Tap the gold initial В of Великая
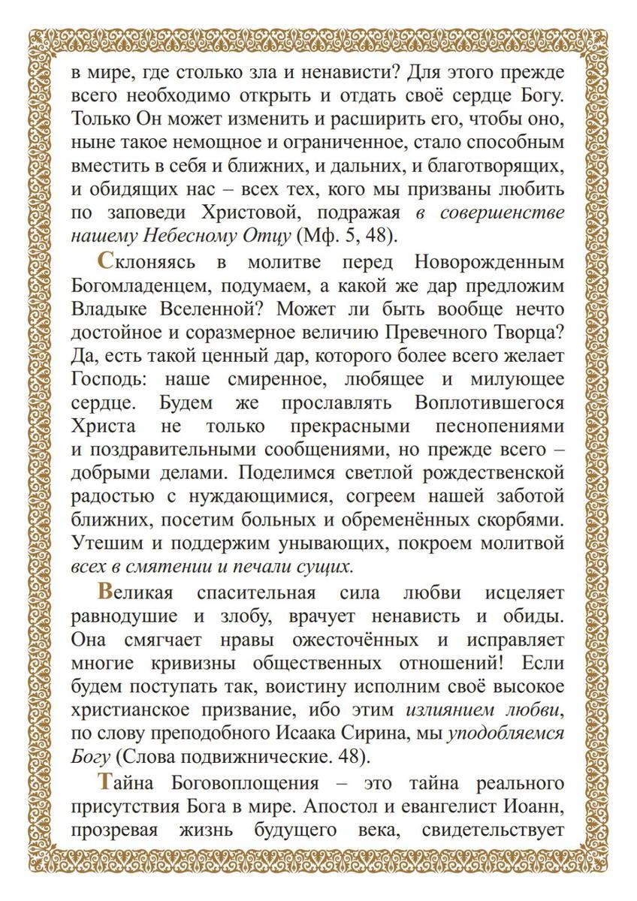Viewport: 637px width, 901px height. tap(107, 592)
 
